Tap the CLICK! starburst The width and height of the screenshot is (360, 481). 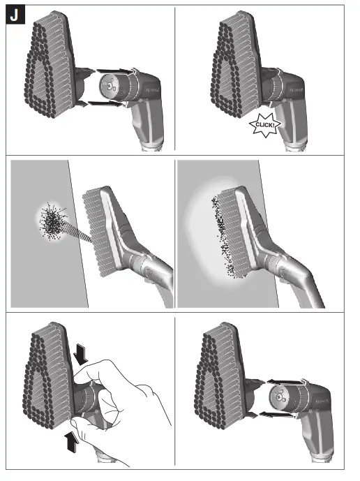[x=266, y=125]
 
